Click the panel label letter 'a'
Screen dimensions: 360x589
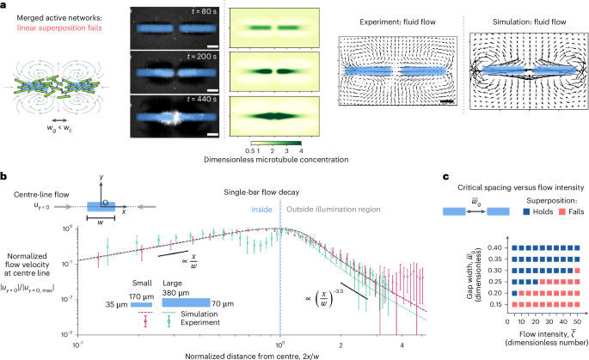(5, 6)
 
